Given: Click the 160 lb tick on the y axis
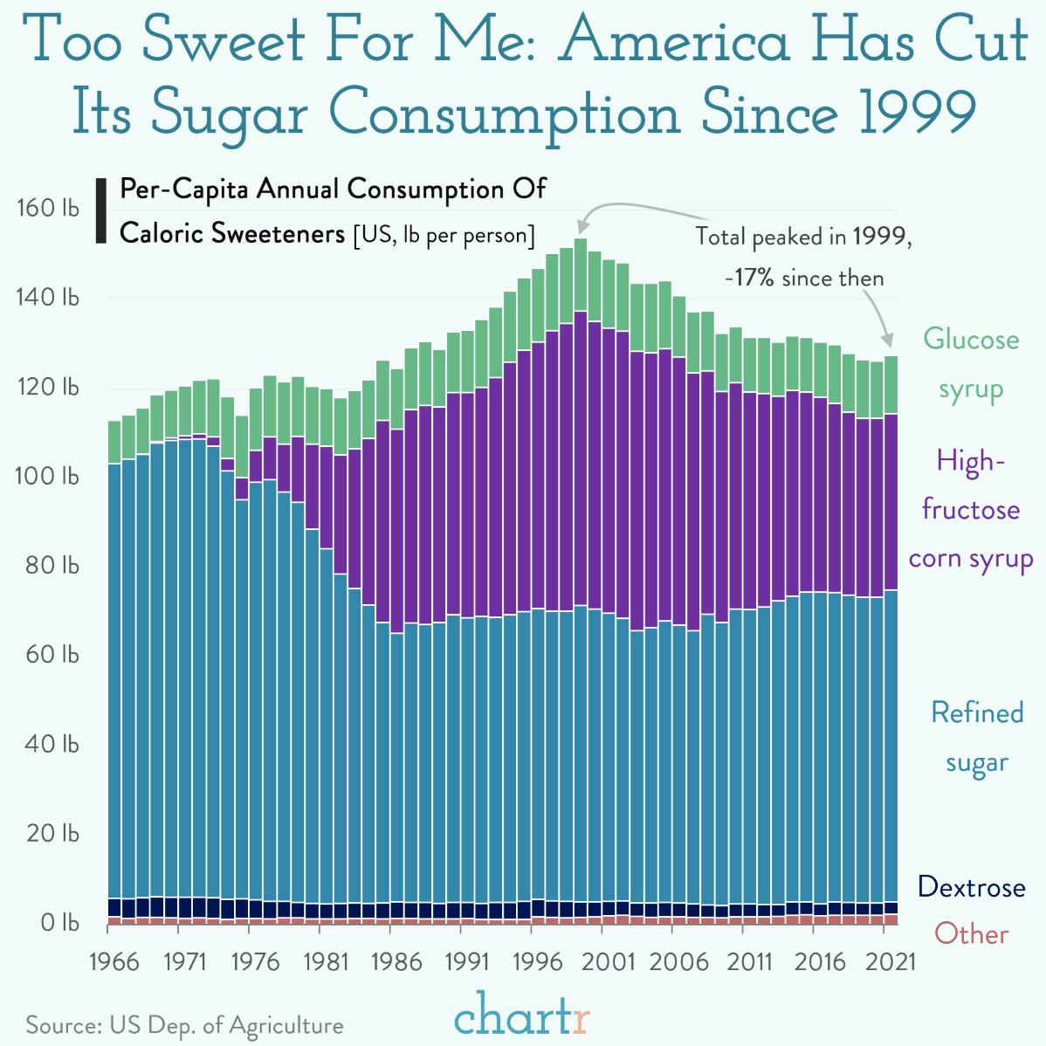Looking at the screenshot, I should [x=47, y=209].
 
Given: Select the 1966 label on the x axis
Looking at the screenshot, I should [x=114, y=962].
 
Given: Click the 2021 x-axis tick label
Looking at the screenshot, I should [x=891, y=962].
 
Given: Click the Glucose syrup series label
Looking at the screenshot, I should [x=971, y=363].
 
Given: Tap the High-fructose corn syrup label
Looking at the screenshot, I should [x=971, y=509].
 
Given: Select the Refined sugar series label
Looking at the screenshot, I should [x=977, y=737].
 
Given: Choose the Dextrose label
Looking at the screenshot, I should [x=971, y=888].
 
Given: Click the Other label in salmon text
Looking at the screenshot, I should [x=971, y=934].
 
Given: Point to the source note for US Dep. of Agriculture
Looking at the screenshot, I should [x=184, y=1025].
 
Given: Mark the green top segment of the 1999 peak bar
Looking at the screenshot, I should [x=581, y=274].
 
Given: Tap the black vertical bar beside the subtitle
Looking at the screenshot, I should [x=100, y=210].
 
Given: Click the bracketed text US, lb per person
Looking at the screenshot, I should [x=444, y=235].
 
